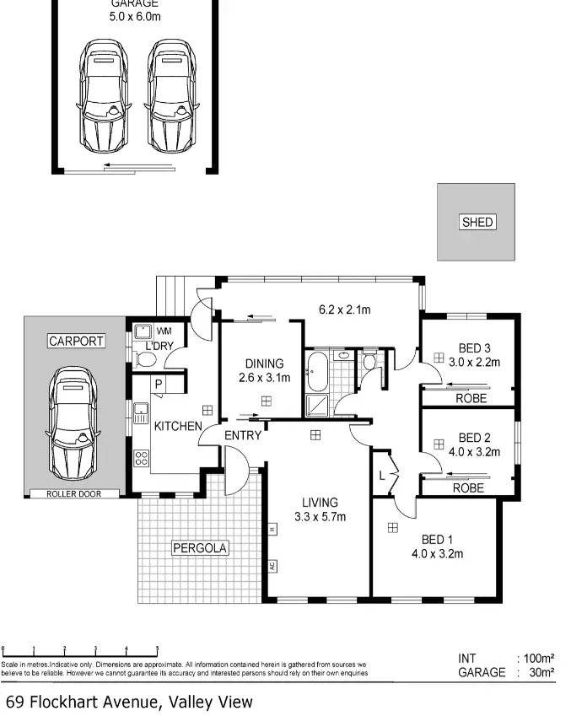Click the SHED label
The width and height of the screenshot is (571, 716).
pyautogui.click(x=477, y=223)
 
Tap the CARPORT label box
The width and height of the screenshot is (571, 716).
pyautogui.click(x=76, y=342)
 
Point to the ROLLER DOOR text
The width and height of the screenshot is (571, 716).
pyautogui.click(x=72, y=494)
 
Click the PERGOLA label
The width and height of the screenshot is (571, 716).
pyautogui.click(x=200, y=548)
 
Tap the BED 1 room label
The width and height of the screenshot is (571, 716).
pyautogui.click(x=437, y=546)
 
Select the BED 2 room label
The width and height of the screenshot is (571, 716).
pyautogui.click(x=473, y=444)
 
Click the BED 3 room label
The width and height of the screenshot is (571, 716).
pyautogui.click(x=473, y=355)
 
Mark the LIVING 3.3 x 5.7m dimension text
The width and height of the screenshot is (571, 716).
pyautogui.click(x=320, y=509)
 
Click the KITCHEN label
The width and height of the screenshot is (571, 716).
pyautogui.click(x=177, y=426)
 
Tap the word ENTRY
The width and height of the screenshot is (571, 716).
pyautogui.click(x=242, y=436)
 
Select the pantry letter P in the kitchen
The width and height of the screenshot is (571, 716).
pyautogui.click(x=158, y=385)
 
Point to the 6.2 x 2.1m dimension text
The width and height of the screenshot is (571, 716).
pyautogui.click(x=344, y=310)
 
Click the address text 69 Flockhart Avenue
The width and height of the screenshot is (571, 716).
pyautogui.click(x=128, y=702)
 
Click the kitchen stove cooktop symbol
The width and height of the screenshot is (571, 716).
pyautogui.click(x=141, y=459)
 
